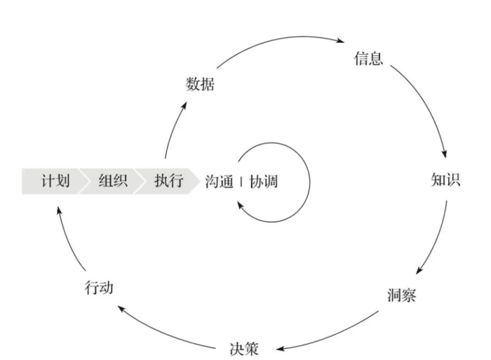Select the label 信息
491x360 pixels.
(368, 58)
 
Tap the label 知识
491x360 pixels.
(445, 180)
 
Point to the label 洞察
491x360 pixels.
(401, 295)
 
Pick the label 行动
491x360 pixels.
(99, 288)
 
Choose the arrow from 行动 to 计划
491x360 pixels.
(67, 239)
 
